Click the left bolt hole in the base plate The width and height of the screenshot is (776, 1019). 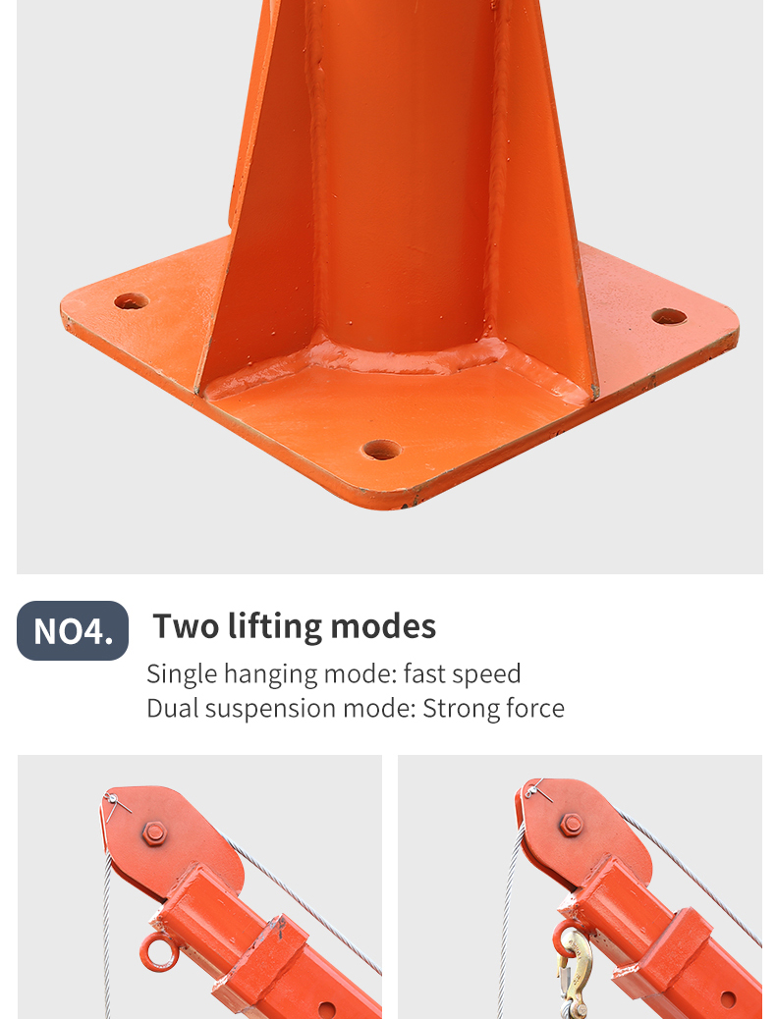[131, 301]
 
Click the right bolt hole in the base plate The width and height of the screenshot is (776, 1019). [669, 317]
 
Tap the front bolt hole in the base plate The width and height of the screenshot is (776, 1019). [382, 450]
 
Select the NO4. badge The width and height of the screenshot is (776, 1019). [73, 630]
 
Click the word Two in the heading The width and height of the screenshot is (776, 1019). [185, 626]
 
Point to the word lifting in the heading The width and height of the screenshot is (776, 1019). [274, 627]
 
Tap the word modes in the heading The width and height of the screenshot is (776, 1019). [383, 627]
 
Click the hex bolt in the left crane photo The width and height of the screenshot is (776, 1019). [155, 833]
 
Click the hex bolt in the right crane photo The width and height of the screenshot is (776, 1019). [571, 825]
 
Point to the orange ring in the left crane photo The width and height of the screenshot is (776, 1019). [159, 952]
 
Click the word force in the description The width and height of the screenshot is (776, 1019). [534, 709]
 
